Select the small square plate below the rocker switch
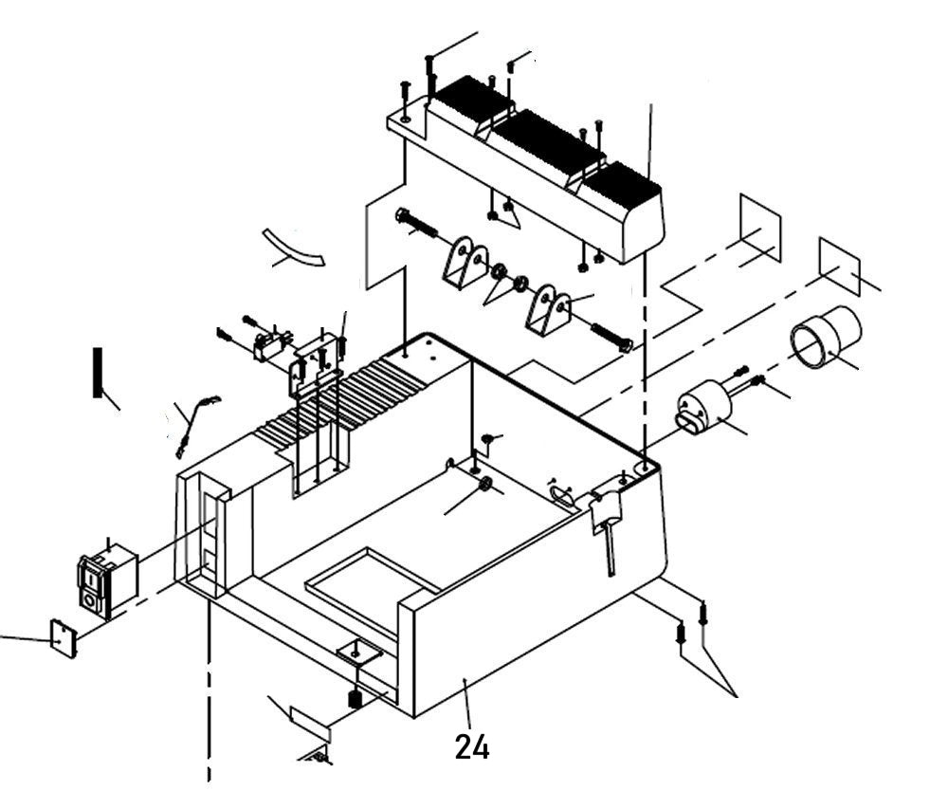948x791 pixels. tap(63, 637)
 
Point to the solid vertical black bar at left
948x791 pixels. tap(97, 373)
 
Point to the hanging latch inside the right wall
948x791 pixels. tap(606, 517)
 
